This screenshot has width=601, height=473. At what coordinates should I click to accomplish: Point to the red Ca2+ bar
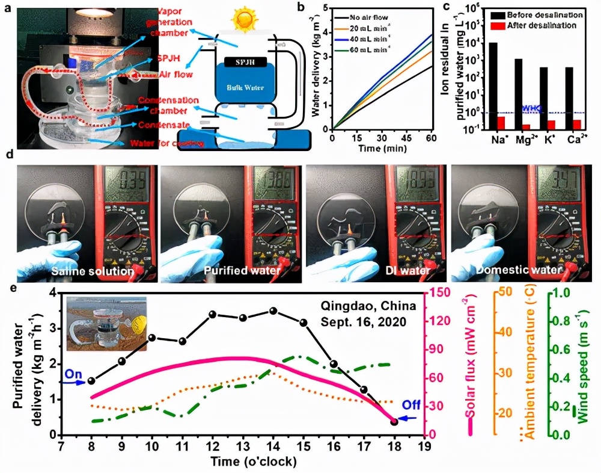coord(577,124)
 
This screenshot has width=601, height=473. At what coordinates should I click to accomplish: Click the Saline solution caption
coord(92,271)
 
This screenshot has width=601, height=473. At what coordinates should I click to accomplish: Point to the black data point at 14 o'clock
coord(273,311)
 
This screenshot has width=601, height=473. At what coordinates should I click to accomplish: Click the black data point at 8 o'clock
coord(91,381)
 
